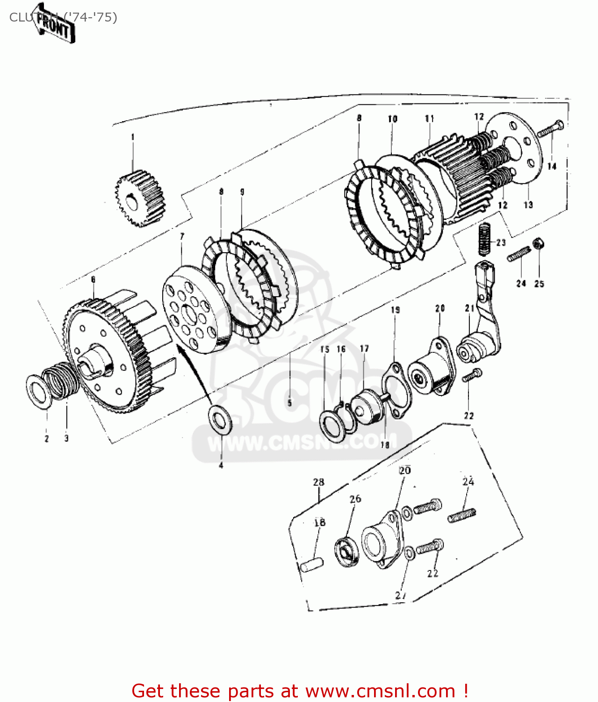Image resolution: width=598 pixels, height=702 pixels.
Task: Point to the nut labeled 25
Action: tap(538, 243)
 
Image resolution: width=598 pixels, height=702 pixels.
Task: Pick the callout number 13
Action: tap(528, 205)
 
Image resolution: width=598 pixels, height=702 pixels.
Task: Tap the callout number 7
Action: tap(182, 236)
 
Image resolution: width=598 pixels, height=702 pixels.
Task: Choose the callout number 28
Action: tap(318, 482)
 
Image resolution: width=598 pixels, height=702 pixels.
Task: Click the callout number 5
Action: tap(289, 403)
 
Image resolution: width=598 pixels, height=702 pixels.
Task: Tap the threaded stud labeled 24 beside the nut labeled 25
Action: tap(518, 255)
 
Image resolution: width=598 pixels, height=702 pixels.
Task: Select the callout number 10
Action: tap(392, 119)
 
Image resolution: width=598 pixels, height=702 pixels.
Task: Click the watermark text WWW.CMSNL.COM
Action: tap(302, 442)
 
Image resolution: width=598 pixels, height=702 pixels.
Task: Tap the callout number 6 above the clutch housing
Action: tap(93, 279)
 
